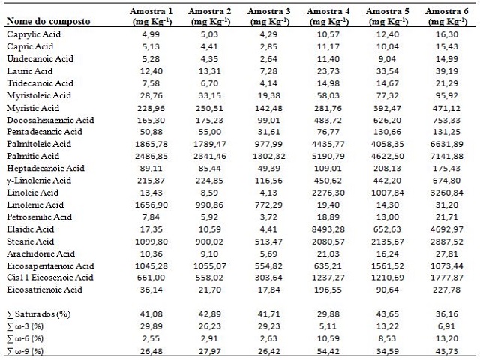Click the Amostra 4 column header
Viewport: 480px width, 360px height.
pyautogui.click(x=328, y=16)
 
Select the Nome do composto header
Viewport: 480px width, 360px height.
pyautogui.click(x=48, y=22)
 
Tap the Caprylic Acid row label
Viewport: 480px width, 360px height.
pyautogui.click(x=34, y=34)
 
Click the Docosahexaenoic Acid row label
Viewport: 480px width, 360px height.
pyautogui.click(x=50, y=120)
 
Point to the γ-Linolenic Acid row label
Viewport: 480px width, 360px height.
pyautogui.click(x=39, y=181)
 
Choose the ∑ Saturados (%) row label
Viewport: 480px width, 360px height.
pyautogui.click(x=38, y=314)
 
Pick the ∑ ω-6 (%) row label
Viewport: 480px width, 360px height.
pyautogui.click(x=25, y=338)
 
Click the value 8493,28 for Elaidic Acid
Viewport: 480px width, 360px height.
pyautogui.click(x=328, y=229)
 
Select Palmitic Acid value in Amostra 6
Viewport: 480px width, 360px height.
pyautogui.click(x=447, y=156)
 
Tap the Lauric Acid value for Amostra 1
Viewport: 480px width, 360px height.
pyautogui.click(x=151, y=71)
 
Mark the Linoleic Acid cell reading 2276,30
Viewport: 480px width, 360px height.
pyautogui.click(x=328, y=193)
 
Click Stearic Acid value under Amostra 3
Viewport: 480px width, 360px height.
pyautogui.click(x=268, y=241)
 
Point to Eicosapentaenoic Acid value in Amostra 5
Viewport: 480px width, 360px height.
pyautogui.click(x=387, y=265)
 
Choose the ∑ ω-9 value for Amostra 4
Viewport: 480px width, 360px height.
pyautogui.click(x=328, y=351)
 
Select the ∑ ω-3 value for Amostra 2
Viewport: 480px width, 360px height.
pyautogui.click(x=210, y=326)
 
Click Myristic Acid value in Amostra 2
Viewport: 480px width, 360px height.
pyautogui.click(x=210, y=108)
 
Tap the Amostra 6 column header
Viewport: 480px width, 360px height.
pyautogui.click(x=447, y=16)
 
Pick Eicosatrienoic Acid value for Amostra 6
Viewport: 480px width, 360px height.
pyautogui.click(x=447, y=289)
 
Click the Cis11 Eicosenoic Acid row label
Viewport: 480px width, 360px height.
pyautogui.click(x=50, y=277)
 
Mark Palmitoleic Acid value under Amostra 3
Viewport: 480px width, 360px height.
pyautogui.click(x=268, y=144)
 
